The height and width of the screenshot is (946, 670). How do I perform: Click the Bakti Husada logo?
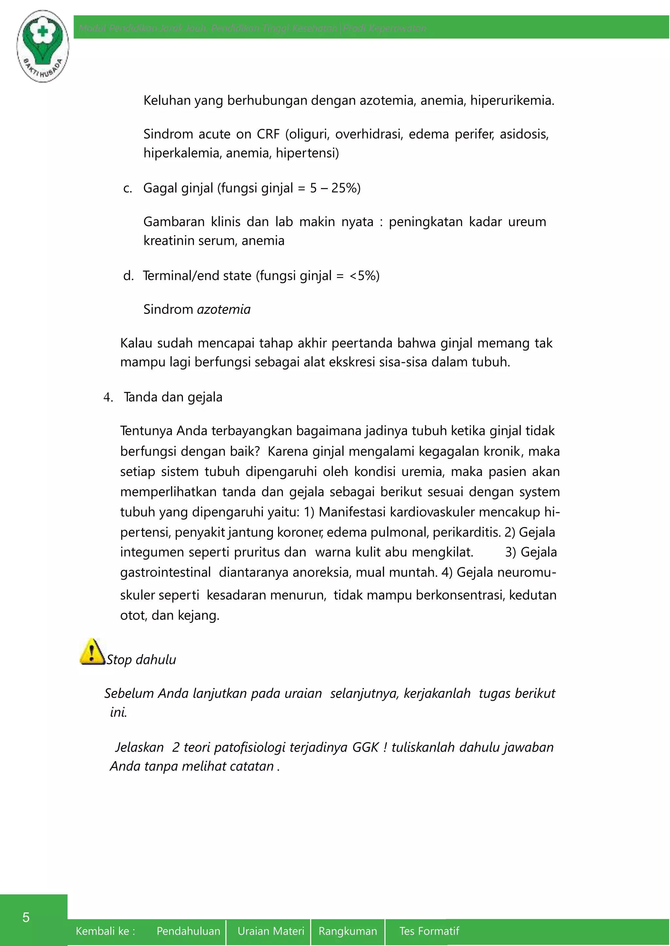pos(43,46)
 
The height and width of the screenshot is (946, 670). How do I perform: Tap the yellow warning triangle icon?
pos(92,652)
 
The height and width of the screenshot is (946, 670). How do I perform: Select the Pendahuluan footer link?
pos(188,931)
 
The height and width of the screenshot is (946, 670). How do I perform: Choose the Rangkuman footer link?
pos(348,931)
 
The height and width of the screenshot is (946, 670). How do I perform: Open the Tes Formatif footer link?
pos(429,931)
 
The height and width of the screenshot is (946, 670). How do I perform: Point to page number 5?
pos(26,917)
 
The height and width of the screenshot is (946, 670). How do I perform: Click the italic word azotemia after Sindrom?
pos(224,309)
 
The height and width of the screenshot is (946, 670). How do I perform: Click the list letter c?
pos(128,188)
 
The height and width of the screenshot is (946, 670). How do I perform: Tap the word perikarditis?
pos(466,532)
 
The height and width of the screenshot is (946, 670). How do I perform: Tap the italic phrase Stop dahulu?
pos(141,660)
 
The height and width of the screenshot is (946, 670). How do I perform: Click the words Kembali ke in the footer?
pos(105,931)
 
